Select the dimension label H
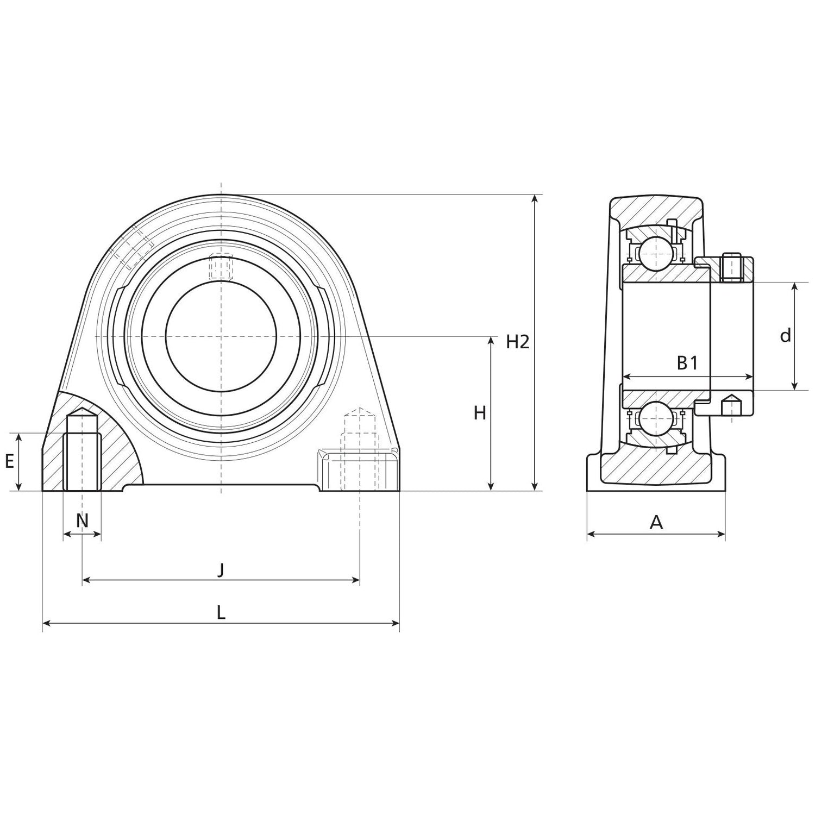coord(479,413)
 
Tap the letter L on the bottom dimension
coord(221,613)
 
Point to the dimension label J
coord(221,570)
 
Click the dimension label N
coord(82,521)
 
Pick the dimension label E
coord(9,462)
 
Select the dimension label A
coord(656,523)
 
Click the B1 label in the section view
coord(687,363)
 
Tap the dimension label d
coord(785,336)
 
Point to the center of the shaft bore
coord(221,336)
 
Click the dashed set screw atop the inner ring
coord(221,267)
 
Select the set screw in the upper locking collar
coord(732,267)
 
